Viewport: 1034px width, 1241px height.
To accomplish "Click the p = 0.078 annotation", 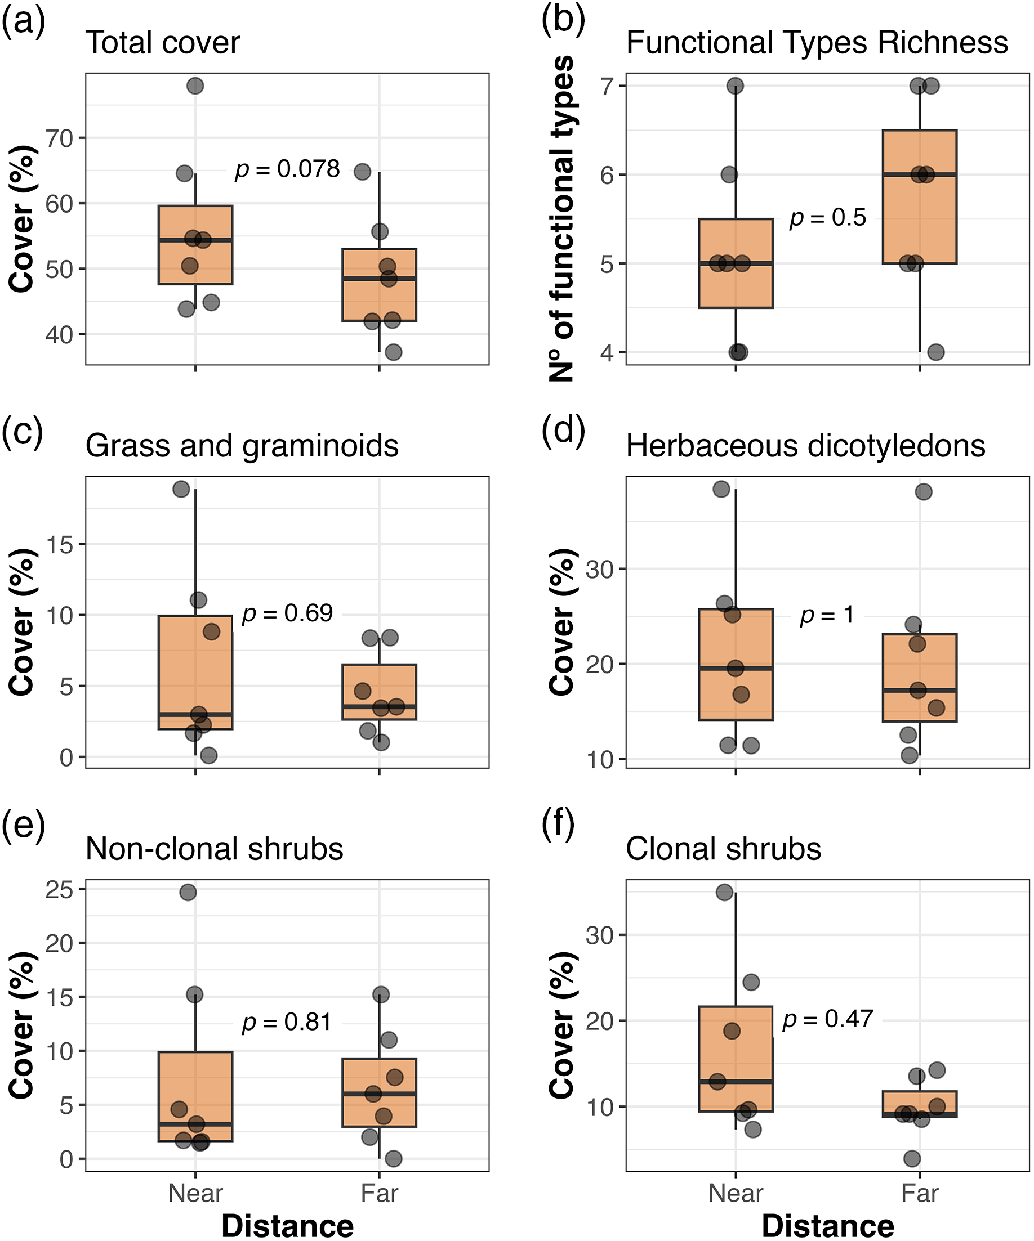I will (x=287, y=169).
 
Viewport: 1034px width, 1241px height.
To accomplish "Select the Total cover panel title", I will (x=163, y=43).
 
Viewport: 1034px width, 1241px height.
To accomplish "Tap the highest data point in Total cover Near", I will (x=195, y=86).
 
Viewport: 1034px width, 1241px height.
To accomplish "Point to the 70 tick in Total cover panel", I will (x=59, y=138).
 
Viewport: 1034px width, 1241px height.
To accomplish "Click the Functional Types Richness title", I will (x=817, y=43).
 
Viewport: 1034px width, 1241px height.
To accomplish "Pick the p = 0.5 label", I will (x=828, y=218).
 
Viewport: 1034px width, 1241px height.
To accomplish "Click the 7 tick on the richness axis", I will (x=606, y=86).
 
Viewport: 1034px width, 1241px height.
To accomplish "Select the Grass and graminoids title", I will (x=242, y=446).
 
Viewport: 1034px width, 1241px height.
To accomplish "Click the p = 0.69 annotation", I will (x=287, y=613).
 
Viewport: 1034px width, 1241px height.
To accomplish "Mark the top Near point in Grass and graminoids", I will (x=181, y=489).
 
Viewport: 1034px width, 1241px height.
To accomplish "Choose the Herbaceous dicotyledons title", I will (x=805, y=446).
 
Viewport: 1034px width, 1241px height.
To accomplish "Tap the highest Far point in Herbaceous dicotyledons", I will (x=924, y=492).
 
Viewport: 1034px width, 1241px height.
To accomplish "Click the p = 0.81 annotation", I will (x=287, y=1022).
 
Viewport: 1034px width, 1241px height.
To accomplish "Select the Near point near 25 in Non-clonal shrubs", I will (x=188, y=893).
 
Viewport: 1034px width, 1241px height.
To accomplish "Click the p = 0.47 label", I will (x=827, y=1019).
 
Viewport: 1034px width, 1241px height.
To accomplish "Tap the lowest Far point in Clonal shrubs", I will (x=912, y=1159).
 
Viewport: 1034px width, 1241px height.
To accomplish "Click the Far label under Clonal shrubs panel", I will (x=919, y=1193).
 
